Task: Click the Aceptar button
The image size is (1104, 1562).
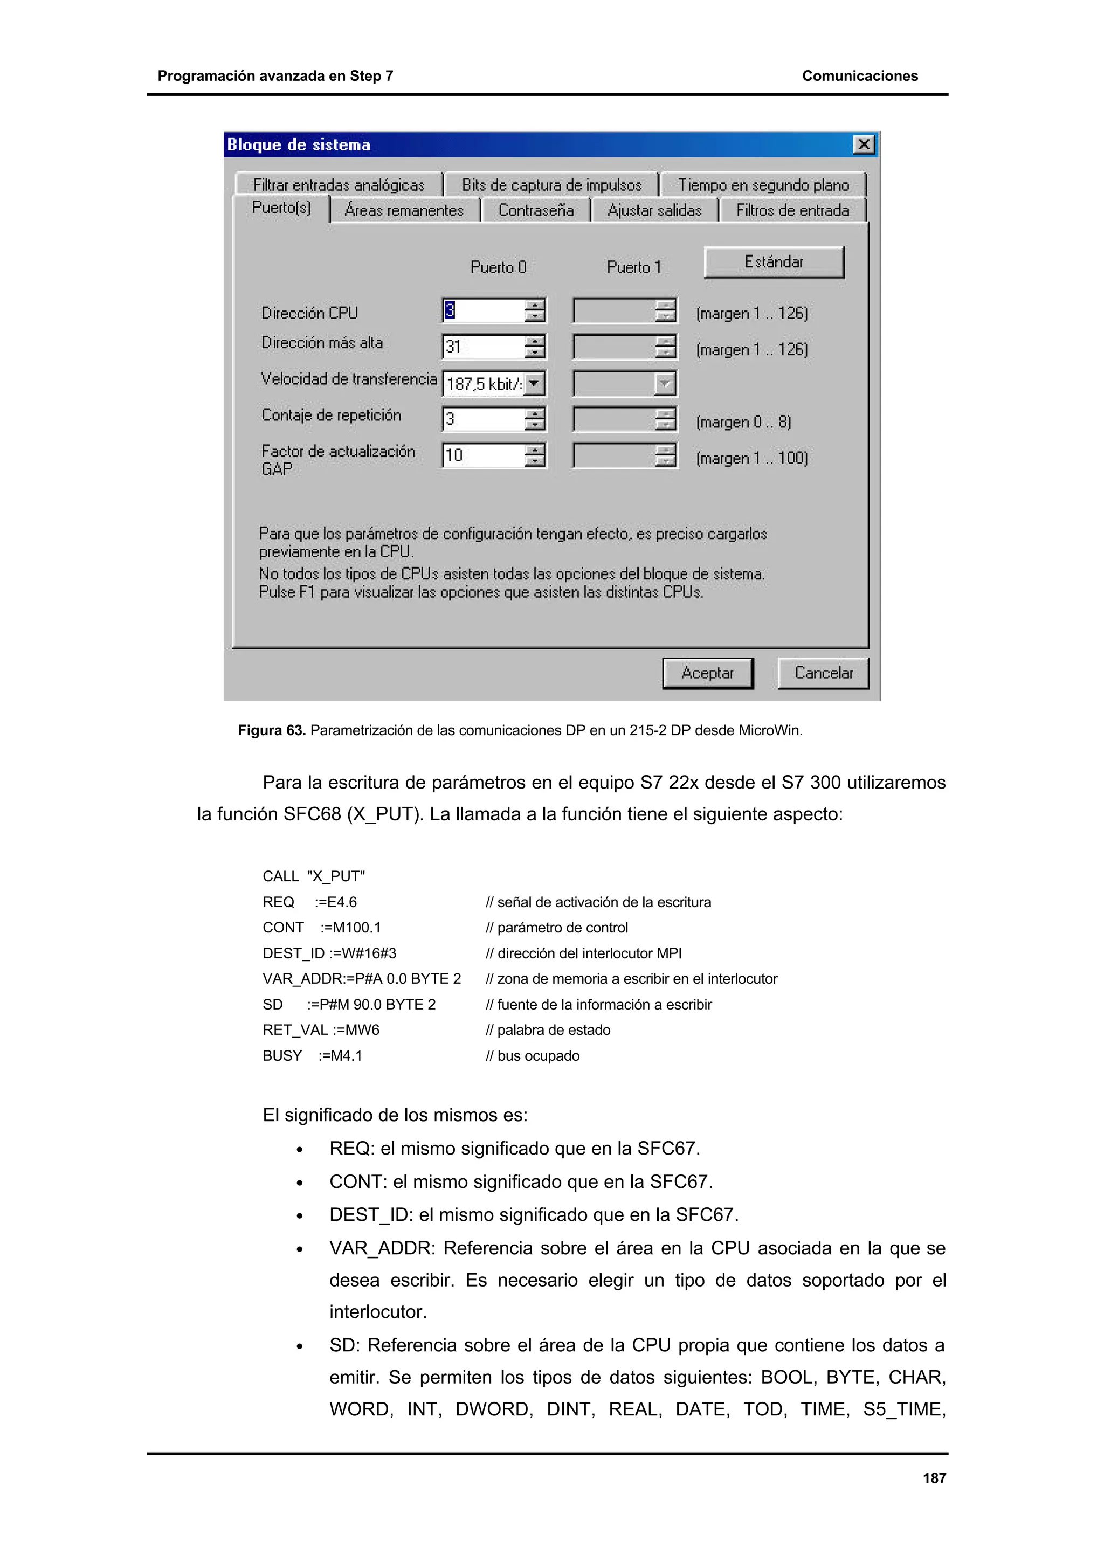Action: pyautogui.click(x=707, y=673)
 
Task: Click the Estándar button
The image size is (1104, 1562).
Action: pyautogui.click(x=774, y=262)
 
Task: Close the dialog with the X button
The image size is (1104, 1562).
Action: pyautogui.click(x=863, y=144)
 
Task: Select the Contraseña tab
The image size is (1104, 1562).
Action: pyautogui.click(x=535, y=210)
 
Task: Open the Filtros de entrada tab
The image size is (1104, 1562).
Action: pyautogui.click(x=792, y=210)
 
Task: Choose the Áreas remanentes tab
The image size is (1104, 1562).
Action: pyautogui.click(x=404, y=210)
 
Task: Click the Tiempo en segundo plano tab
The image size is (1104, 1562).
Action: pyautogui.click(x=763, y=185)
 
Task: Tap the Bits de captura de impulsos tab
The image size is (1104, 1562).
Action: pyautogui.click(x=551, y=185)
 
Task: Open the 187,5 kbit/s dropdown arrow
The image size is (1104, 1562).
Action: pyautogui.click(x=535, y=383)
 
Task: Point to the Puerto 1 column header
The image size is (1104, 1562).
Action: pyautogui.click(x=633, y=267)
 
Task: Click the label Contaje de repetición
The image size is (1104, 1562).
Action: pyautogui.click(x=332, y=415)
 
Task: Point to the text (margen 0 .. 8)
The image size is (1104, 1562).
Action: pyautogui.click(x=743, y=422)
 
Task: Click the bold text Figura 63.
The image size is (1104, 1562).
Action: pyautogui.click(x=271, y=731)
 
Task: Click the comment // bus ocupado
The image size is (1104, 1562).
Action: pyautogui.click(x=533, y=1056)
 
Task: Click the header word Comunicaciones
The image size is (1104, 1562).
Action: pyautogui.click(x=860, y=76)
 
